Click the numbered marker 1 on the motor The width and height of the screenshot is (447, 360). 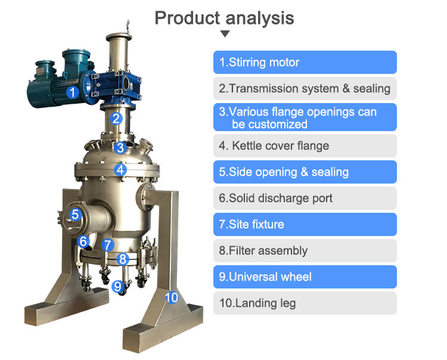72,92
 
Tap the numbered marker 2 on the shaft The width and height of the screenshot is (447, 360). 117,118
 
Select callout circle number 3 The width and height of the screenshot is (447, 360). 120,147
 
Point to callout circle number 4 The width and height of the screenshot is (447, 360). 121,169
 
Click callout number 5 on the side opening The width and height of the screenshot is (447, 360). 74,215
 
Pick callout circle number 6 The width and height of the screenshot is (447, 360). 83,241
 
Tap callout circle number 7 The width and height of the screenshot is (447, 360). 107,244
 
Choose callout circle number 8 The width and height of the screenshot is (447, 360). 122,259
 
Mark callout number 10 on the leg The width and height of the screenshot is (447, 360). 171,296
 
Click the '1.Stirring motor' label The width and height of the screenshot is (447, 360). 305,62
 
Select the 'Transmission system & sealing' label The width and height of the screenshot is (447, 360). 305,89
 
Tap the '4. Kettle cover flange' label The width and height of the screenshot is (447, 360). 305,145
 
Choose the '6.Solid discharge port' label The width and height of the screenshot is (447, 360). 305,198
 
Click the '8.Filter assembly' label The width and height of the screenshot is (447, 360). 305,250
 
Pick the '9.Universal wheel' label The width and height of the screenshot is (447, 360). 305,277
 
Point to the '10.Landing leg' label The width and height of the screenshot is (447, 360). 305,303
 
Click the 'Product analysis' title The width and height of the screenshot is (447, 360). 224,17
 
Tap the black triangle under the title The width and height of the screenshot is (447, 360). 225,34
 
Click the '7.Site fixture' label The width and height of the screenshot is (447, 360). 305,224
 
